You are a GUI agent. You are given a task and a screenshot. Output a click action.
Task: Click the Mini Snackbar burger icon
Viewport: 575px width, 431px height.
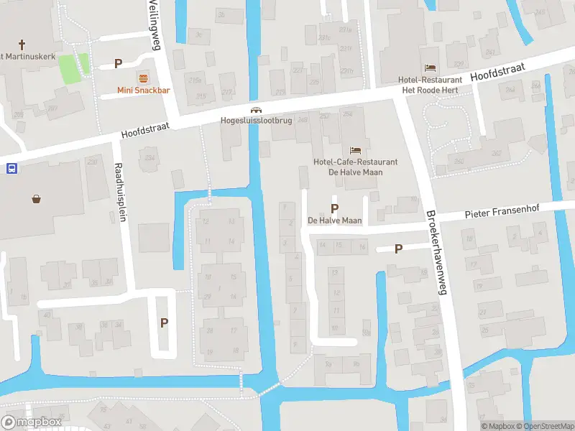(x=143, y=78)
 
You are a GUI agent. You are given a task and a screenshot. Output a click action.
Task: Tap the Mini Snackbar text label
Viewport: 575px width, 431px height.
(x=143, y=91)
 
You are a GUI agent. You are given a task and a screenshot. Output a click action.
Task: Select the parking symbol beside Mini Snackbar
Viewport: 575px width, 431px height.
(x=118, y=64)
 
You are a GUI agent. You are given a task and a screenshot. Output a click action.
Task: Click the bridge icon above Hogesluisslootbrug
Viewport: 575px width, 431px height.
(x=255, y=110)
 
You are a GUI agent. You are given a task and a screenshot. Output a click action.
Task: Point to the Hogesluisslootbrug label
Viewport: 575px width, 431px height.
(x=256, y=121)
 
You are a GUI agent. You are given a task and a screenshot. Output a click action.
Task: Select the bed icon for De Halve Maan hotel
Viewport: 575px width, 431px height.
(x=355, y=150)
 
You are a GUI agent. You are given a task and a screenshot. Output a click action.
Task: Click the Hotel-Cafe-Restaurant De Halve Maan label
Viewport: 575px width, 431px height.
(x=355, y=167)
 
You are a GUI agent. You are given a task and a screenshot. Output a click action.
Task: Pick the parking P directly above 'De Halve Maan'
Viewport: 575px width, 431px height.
(x=334, y=208)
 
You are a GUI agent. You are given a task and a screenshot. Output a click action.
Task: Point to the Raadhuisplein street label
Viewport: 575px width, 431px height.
(x=120, y=192)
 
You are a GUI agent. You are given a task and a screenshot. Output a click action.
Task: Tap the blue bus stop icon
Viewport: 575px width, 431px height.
(x=11, y=169)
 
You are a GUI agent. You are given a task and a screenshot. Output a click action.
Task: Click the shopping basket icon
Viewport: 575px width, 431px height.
(x=36, y=199)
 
